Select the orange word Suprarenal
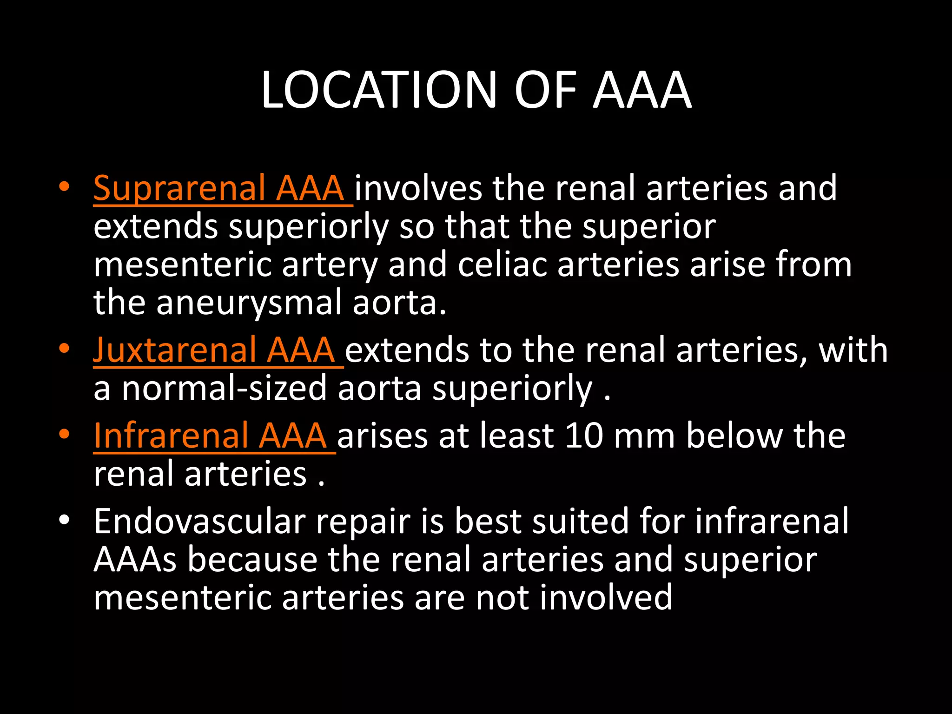pyautogui.click(x=179, y=188)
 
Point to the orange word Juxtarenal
pyautogui.click(x=174, y=350)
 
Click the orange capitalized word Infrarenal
pyautogui.click(x=171, y=436)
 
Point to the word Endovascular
pyautogui.click(x=199, y=521)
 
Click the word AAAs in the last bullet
pyautogui.click(x=135, y=559)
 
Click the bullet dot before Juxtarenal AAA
pyautogui.click(x=64, y=348)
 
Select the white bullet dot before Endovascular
pyautogui.click(x=64, y=519)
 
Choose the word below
pyautogui.click(x=734, y=436)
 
